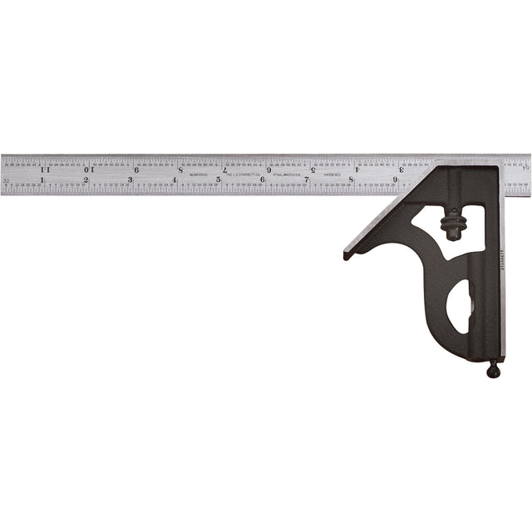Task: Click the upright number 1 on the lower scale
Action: click(x=42, y=180)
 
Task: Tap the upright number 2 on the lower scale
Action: click(x=86, y=180)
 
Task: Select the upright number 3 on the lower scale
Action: click(x=131, y=180)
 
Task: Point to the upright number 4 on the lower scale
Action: click(x=175, y=180)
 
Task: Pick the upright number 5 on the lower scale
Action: click(x=219, y=180)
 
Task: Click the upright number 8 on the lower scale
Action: click(x=351, y=180)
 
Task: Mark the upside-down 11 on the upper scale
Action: click(x=44, y=170)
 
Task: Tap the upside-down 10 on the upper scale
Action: click(x=89, y=170)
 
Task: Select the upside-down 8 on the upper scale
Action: click(x=180, y=170)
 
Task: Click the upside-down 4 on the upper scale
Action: click(x=357, y=170)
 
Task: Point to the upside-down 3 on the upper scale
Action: click(x=401, y=170)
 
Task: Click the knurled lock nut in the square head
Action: click(x=453, y=226)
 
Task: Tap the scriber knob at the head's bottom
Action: click(x=493, y=370)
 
